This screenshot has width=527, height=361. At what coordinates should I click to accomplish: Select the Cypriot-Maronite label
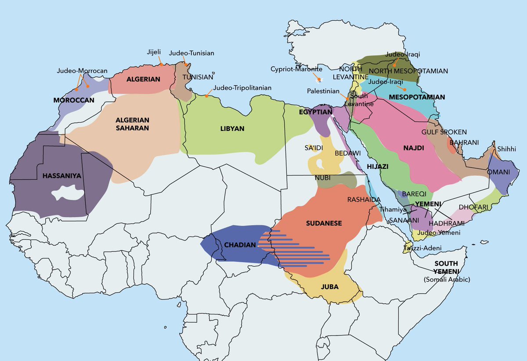pos(296,69)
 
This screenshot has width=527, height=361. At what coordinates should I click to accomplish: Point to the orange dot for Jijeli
pos(162,64)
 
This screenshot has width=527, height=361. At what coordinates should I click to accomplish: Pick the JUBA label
pos(329,287)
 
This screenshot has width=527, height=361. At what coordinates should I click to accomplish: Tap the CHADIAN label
pos(240,245)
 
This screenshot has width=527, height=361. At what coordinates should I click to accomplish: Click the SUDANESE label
pos(324,223)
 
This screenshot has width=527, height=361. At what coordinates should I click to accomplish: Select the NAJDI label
pos(413,148)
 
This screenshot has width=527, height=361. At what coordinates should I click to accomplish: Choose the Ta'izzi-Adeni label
pos(429,248)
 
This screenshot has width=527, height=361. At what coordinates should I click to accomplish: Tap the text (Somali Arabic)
pos(446,280)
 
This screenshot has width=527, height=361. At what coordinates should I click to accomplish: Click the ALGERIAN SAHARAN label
pos(133,124)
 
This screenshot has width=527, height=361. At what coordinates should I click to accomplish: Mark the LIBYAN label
pos(232,129)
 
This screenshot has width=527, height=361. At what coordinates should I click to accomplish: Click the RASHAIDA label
pos(364,200)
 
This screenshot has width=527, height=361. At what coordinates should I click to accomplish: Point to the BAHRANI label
pos(464,142)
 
